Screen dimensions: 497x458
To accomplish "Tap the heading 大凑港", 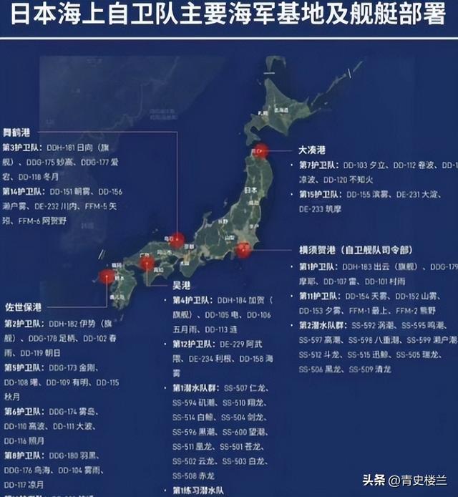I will (x=312, y=150).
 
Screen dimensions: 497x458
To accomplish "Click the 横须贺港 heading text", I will (x=318, y=251).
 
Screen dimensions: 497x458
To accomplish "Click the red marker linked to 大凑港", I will (x=261, y=151).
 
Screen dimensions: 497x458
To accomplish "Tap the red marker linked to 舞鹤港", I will (x=176, y=240).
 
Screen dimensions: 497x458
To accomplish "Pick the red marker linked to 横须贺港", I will (x=244, y=249).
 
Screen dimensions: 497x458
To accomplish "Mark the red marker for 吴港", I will (x=147, y=264).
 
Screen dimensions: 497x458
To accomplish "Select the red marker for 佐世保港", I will (x=107, y=276).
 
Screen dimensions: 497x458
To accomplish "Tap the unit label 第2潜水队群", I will (x=321, y=324).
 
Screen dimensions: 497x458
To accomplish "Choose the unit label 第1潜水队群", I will (x=194, y=387).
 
